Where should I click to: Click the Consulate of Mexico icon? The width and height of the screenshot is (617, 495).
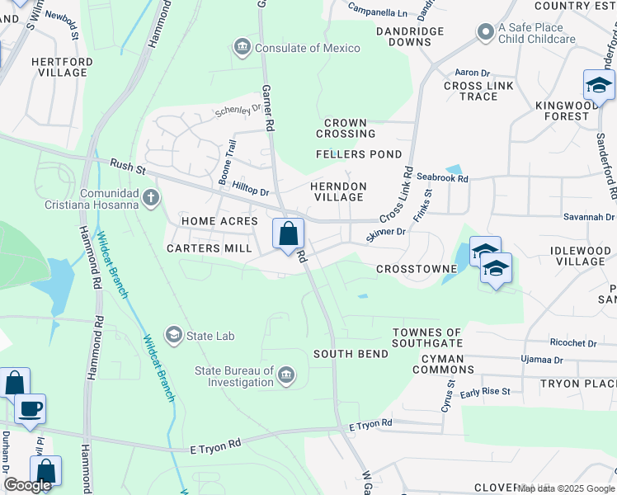click(242, 48)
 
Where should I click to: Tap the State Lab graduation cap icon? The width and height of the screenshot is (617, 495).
click(173, 335)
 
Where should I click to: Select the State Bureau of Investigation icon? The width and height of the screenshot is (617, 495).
click(285, 376)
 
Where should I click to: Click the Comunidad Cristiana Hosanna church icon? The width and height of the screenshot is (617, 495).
click(149, 197)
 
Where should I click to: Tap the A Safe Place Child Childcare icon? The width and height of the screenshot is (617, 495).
click(486, 32)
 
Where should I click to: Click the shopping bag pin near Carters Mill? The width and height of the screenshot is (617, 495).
click(288, 234)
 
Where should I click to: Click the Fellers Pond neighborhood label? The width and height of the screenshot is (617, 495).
click(359, 154)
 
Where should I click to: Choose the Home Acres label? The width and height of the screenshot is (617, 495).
click(219, 221)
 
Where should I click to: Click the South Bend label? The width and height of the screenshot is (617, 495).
click(351, 354)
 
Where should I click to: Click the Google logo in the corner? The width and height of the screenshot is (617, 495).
click(27, 485)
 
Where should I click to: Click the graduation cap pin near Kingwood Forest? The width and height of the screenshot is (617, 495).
click(599, 85)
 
